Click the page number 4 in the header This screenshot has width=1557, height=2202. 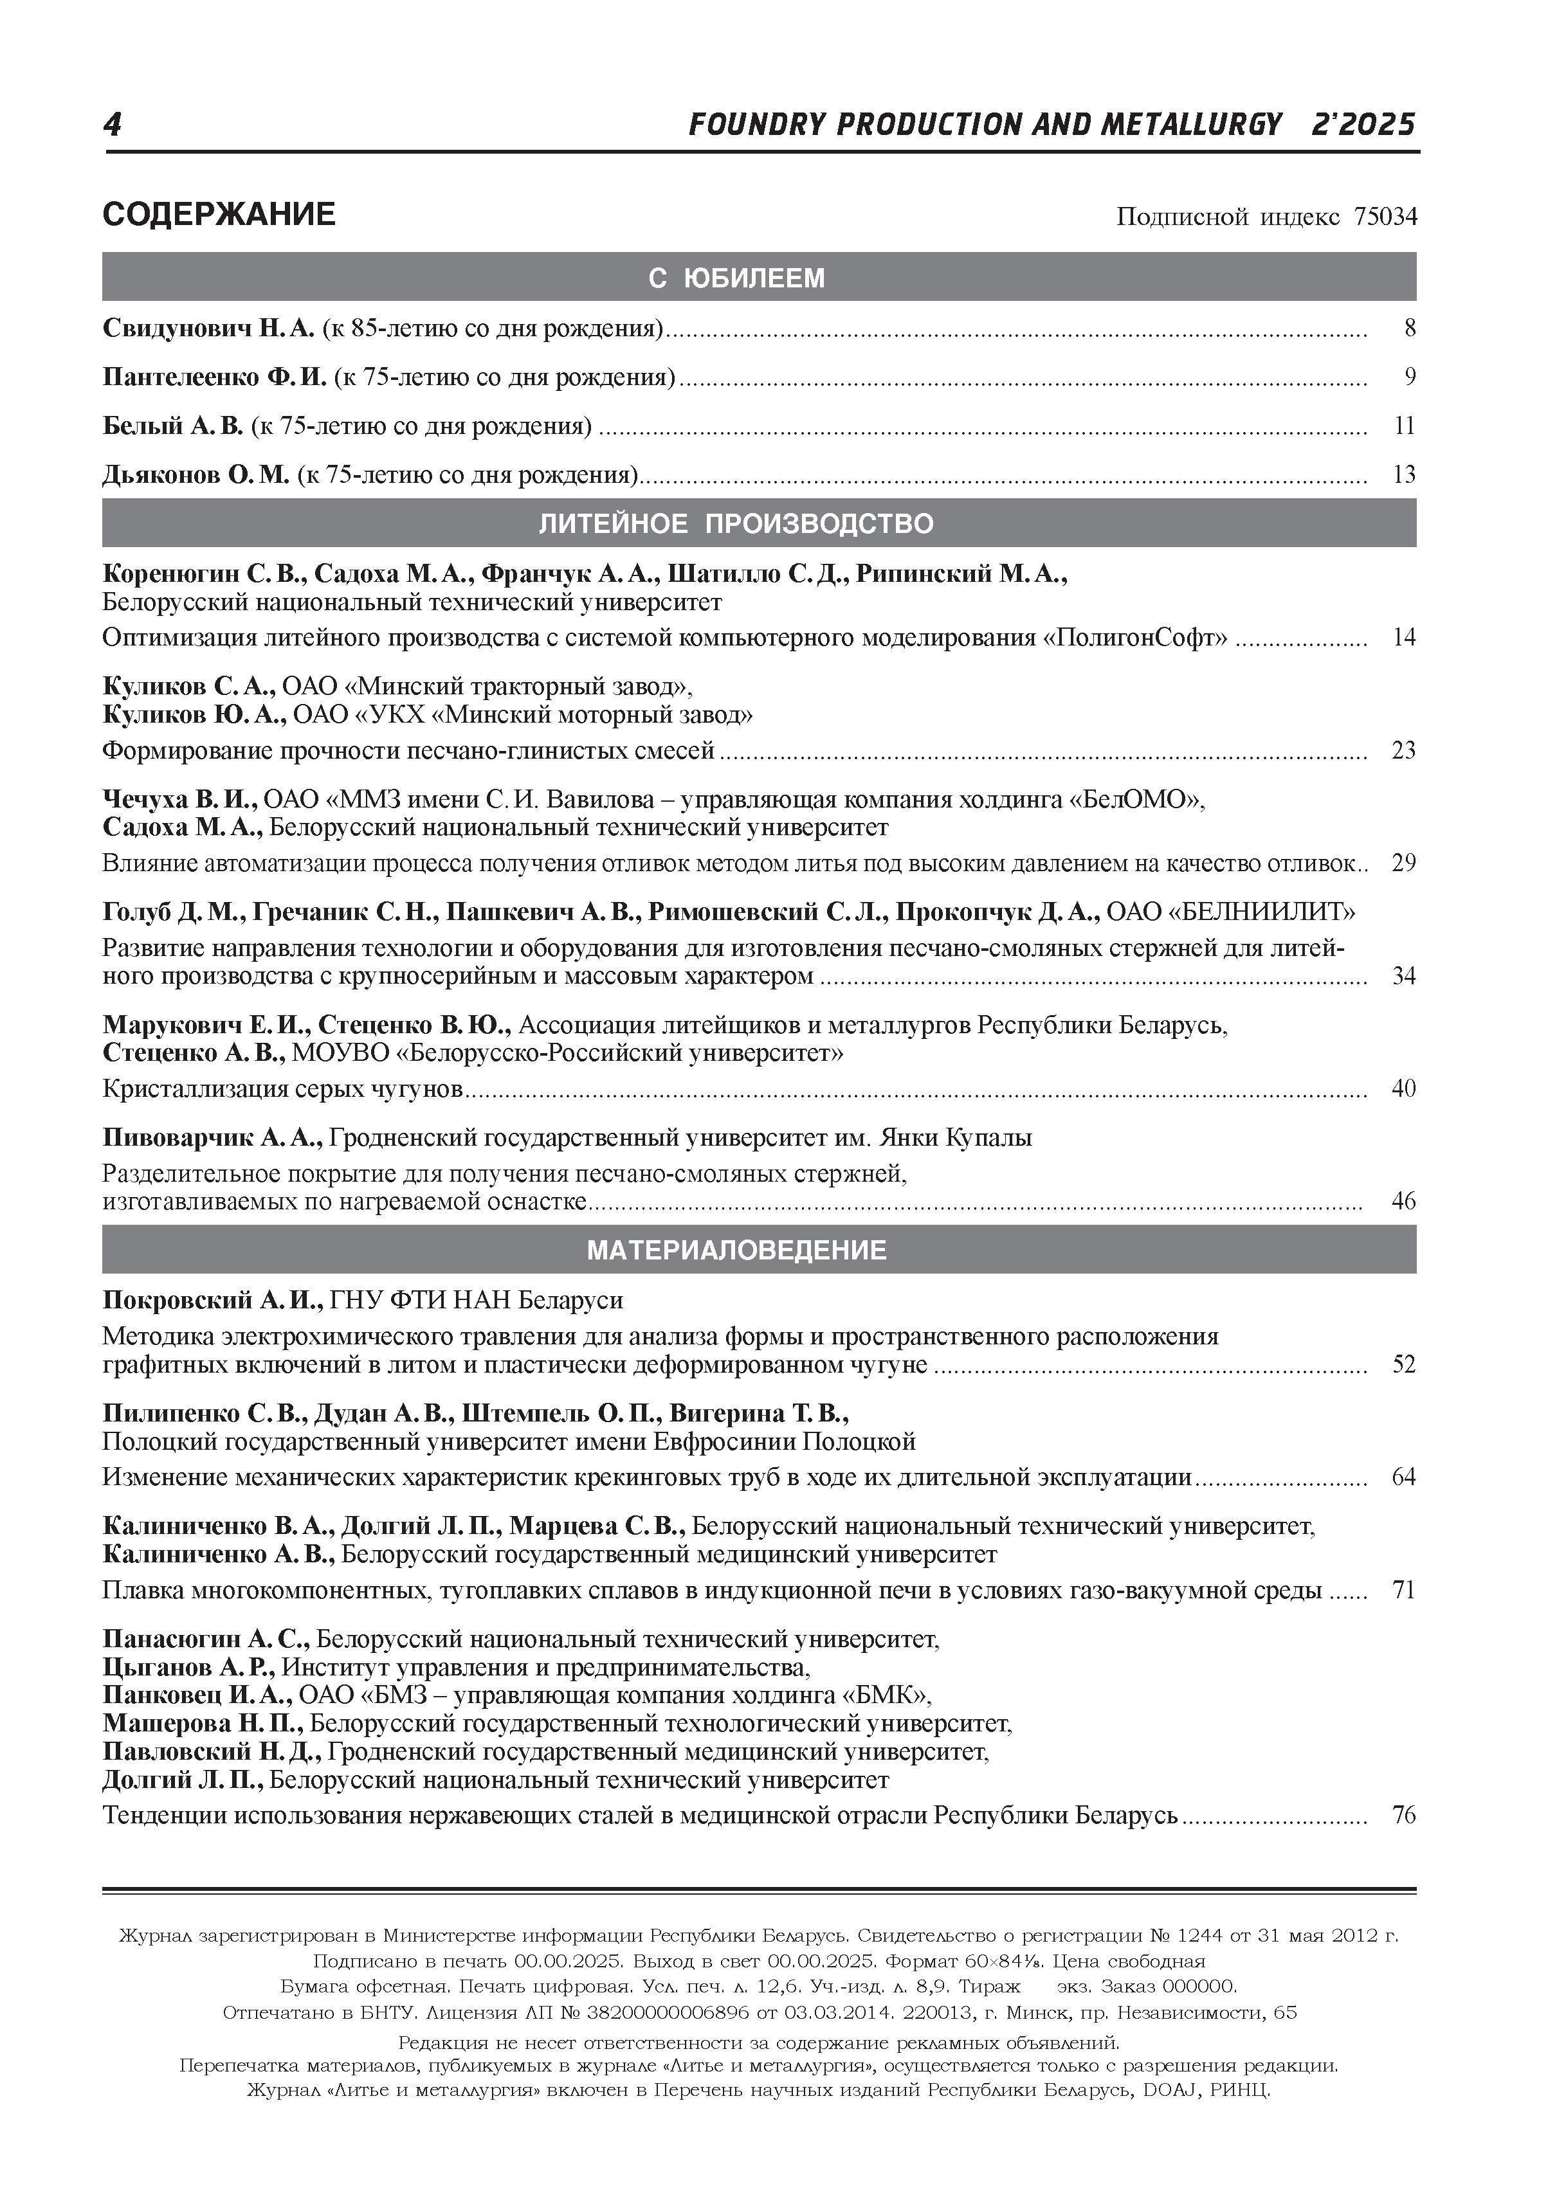(x=113, y=125)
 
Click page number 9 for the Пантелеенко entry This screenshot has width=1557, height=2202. (x=1409, y=377)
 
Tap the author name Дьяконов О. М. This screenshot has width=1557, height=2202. (x=196, y=474)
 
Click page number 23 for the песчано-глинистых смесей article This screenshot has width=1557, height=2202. (x=1403, y=750)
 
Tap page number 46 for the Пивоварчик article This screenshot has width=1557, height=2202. (x=1403, y=1201)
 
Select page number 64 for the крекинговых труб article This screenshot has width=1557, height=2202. (x=1403, y=1477)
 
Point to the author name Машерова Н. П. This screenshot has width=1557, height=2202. (x=203, y=1724)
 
